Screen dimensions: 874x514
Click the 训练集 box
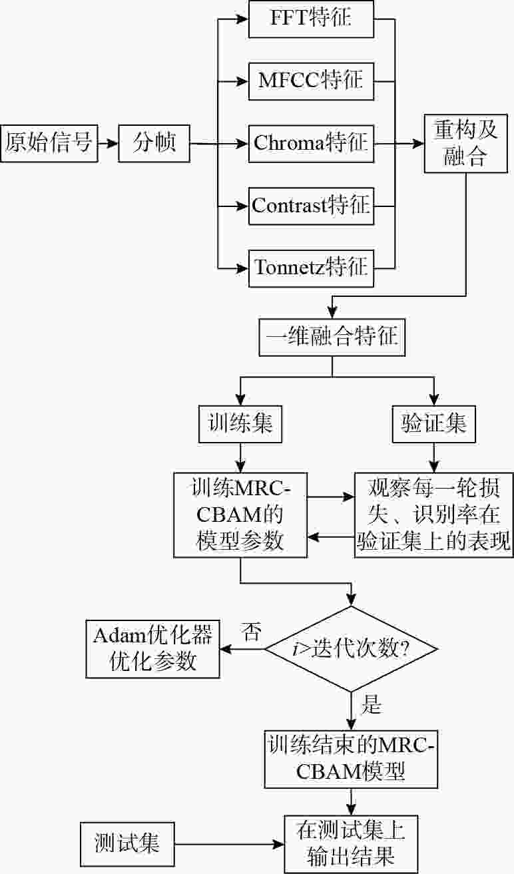[236, 424]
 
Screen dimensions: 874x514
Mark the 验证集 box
[434, 424]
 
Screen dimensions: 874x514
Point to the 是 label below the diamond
[370, 705]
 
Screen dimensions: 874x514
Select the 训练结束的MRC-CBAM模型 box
[350, 758]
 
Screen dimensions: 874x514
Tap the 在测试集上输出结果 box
[350, 843]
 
